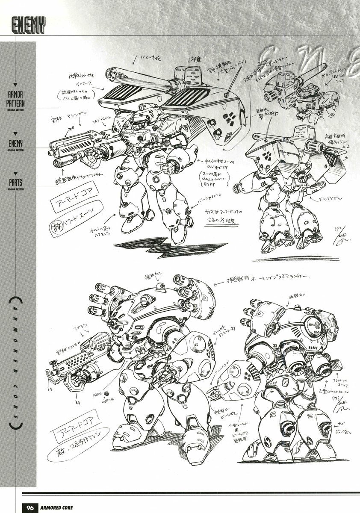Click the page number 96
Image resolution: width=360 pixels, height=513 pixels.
coord(30,507)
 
